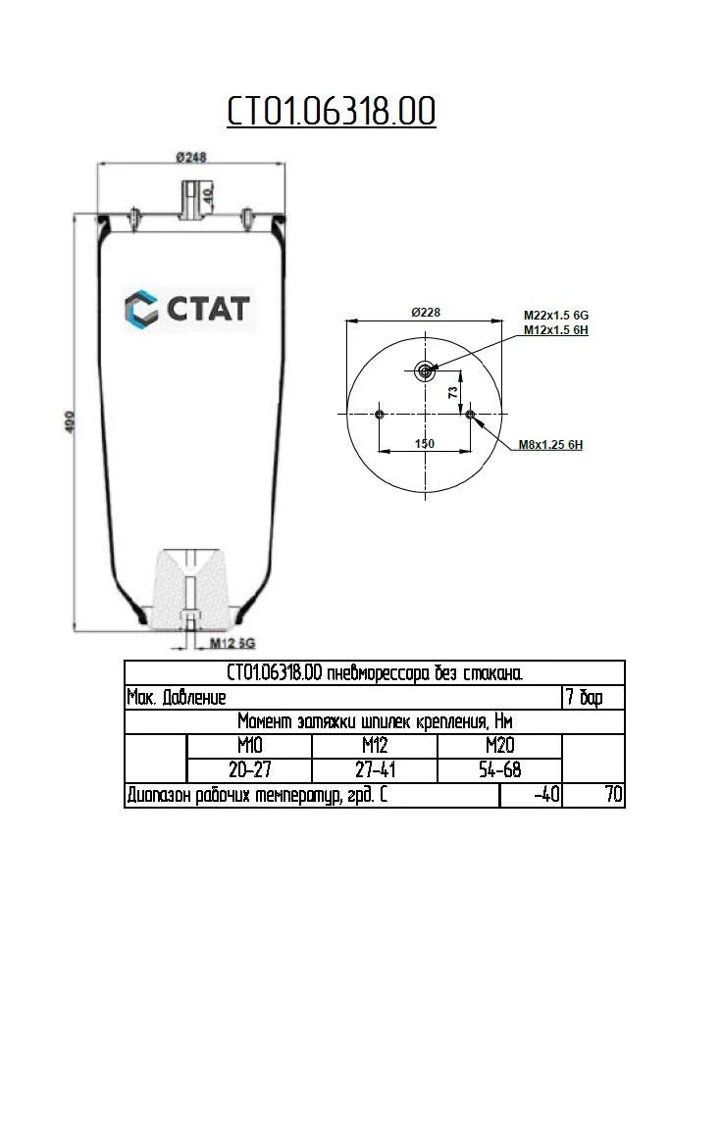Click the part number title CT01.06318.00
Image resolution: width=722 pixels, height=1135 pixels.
click(x=332, y=112)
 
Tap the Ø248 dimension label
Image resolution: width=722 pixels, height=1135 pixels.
click(x=190, y=157)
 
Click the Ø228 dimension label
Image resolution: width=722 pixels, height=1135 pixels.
click(x=425, y=312)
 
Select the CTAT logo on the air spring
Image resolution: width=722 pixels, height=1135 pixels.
click(x=188, y=309)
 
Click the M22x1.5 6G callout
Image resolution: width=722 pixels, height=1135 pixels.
click(x=555, y=315)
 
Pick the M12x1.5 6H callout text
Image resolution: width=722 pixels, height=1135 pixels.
click(x=555, y=329)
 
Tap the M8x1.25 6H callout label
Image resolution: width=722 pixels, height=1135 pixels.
click(x=551, y=445)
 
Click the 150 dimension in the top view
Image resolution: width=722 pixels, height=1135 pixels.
click(x=424, y=443)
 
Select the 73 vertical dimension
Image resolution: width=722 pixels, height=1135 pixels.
click(x=452, y=391)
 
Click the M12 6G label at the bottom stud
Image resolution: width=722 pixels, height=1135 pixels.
click(x=232, y=643)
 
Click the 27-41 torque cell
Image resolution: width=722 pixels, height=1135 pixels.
click(x=374, y=770)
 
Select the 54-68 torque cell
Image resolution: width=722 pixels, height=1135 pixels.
click(x=499, y=770)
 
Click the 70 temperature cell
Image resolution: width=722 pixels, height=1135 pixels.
click(x=613, y=795)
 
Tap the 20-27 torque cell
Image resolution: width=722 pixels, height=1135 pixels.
click(x=249, y=770)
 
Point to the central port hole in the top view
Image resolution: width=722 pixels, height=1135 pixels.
click(x=425, y=370)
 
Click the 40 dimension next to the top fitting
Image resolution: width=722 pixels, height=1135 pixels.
click(x=208, y=194)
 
